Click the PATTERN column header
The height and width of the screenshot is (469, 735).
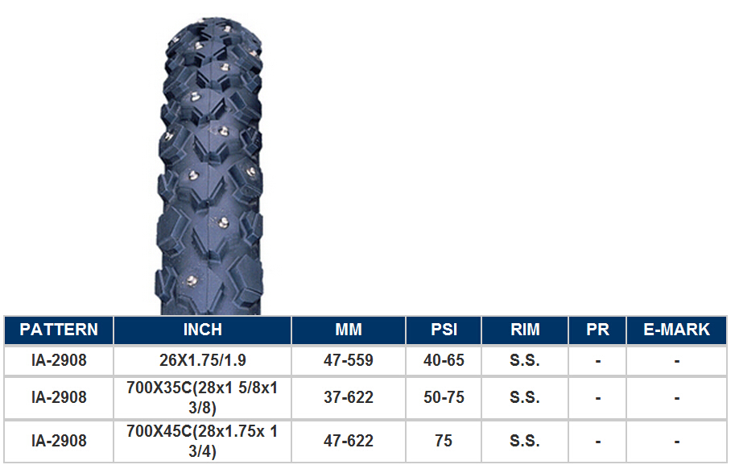(59, 330)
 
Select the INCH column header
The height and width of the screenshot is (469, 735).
(203, 330)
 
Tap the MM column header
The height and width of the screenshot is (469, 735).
(349, 330)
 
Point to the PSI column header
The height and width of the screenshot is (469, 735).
(444, 330)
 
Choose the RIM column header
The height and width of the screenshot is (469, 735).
(525, 330)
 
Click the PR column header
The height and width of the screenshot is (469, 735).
(597, 330)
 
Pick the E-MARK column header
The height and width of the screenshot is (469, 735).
(677, 330)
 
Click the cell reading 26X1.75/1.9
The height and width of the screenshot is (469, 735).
(203, 360)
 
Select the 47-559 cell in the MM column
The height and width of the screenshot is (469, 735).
(349, 360)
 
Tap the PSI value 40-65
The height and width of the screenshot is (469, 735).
(444, 360)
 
